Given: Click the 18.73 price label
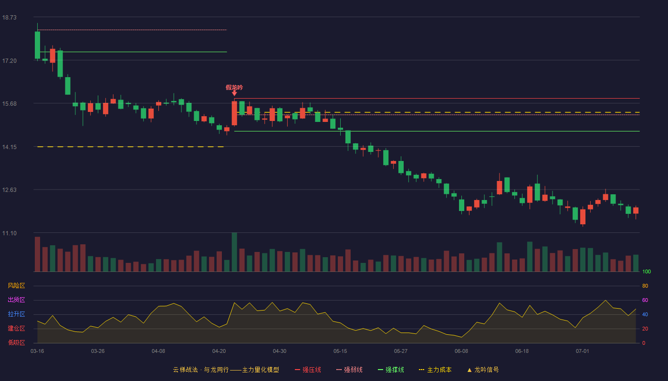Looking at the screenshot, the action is point(9,17).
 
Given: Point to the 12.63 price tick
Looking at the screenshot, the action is point(9,190).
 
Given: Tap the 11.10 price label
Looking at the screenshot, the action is point(9,233).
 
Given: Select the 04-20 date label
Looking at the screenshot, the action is point(219,351).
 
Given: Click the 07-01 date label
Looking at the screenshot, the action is point(583,351).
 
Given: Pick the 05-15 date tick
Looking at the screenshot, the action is point(340,351).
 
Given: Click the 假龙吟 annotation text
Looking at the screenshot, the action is point(234,88).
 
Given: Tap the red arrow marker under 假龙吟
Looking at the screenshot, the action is point(234,93).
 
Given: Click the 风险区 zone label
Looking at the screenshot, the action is point(16,286).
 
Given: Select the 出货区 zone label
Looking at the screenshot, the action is point(16,300).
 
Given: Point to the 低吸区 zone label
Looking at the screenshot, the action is point(16,342).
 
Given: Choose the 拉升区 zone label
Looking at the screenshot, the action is point(16,314).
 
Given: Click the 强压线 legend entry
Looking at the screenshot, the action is point(308,370).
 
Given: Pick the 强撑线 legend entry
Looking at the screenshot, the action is point(391,370).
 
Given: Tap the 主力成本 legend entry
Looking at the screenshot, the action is point(435,370).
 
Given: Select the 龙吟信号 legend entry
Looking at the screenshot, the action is point(483,370).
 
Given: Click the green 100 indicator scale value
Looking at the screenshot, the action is point(647,271).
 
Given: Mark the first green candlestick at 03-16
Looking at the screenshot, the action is point(37,45).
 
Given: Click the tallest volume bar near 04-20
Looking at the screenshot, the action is point(234,252).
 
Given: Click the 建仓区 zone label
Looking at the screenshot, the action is point(16,328).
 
